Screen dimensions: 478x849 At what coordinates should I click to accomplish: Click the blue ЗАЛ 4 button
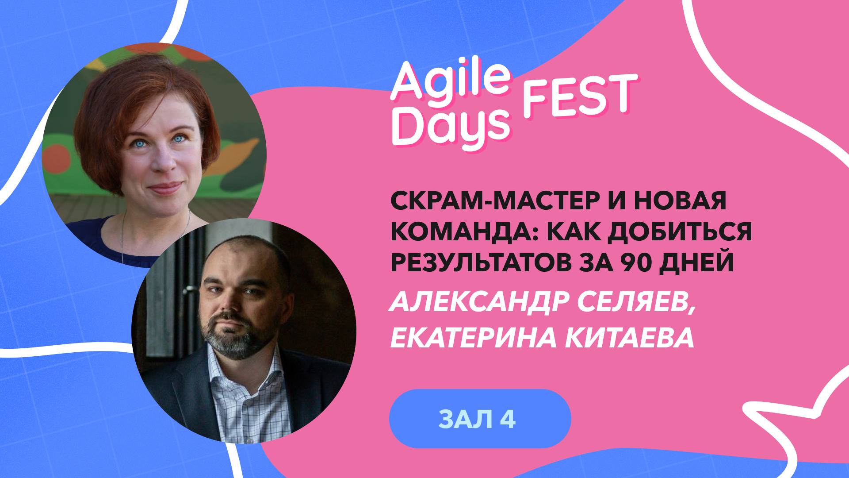[480, 419]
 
